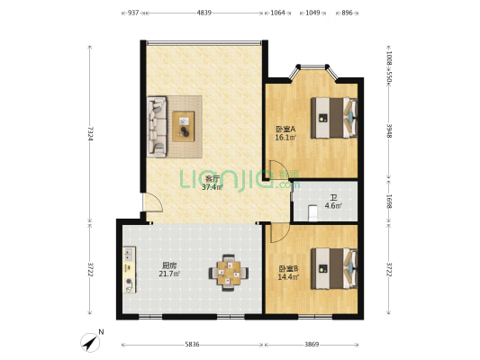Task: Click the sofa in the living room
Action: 157,126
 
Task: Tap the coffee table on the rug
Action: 184,126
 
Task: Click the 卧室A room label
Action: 285,129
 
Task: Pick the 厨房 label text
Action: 168,265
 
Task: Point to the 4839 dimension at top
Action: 204,13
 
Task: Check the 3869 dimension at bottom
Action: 311,345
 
